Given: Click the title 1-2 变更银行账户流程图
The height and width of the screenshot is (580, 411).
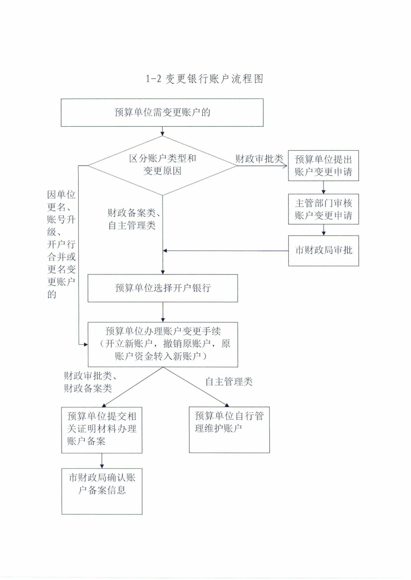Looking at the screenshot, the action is pyautogui.click(x=204, y=79).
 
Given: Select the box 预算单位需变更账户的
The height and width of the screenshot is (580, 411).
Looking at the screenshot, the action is pyautogui.click(x=162, y=112).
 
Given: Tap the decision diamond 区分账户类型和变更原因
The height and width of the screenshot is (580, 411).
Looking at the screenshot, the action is pyautogui.click(x=162, y=165).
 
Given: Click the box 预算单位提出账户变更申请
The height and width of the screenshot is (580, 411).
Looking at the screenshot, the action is pyautogui.click(x=324, y=165).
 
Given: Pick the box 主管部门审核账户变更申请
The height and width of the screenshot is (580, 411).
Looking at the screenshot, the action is pyautogui.click(x=324, y=209).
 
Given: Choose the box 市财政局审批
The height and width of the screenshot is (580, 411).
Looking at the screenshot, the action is pyautogui.click(x=324, y=251).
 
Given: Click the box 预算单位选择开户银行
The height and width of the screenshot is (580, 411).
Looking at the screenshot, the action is pyautogui.click(x=163, y=288).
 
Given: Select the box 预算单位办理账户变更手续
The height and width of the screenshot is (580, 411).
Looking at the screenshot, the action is pyautogui.click(x=163, y=344).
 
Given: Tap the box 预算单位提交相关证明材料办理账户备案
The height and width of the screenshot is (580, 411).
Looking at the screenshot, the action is pyautogui.click(x=102, y=430).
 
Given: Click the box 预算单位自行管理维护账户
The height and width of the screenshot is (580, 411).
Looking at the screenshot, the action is pyautogui.click(x=229, y=429).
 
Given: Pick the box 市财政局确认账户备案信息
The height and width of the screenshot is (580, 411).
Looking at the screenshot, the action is pyautogui.click(x=102, y=491).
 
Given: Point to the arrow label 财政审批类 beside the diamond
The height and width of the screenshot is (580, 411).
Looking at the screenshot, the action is pyautogui.click(x=259, y=159).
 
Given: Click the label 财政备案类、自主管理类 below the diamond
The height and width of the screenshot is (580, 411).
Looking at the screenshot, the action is pyautogui.click(x=134, y=219).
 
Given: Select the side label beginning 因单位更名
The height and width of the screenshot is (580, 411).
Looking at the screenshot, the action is pyautogui.click(x=62, y=244).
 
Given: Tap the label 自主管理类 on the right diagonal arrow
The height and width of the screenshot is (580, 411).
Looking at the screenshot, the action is pyautogui.click(x=229, y=382).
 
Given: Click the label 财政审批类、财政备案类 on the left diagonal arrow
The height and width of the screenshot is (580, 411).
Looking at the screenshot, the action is pyautogui.click(x=91, y=382).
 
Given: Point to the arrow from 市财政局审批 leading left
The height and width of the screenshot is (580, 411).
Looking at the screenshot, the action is pyautogui.click(x=226, y=251).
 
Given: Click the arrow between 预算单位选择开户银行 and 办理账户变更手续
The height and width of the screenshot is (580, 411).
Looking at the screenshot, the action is pyautogui.click(x=163, y=312).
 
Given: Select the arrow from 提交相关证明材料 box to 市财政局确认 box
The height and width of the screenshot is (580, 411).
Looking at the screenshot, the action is pyautogui.click(x=102, y=461).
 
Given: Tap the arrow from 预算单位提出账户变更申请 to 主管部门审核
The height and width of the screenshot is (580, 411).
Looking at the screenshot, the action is pyautogui.click(x=324, y=187).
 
